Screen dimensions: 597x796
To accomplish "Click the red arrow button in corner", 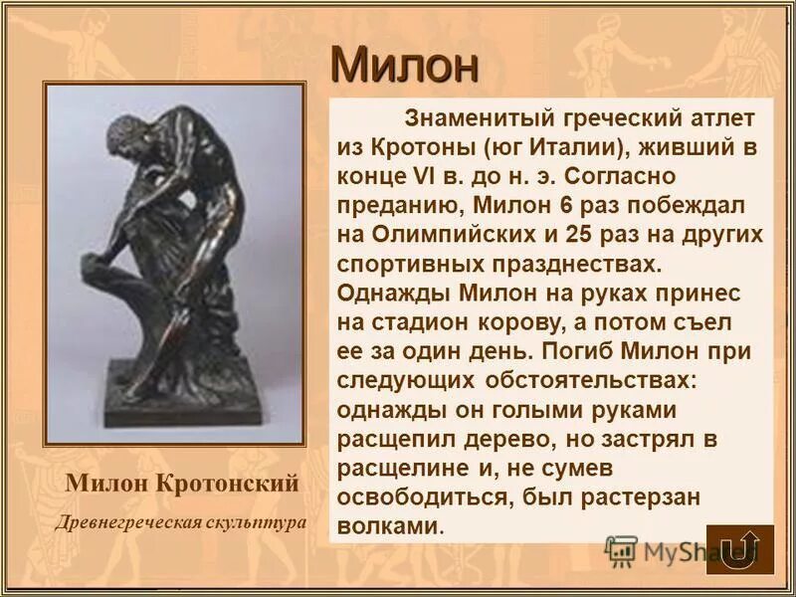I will pos(739,547).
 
